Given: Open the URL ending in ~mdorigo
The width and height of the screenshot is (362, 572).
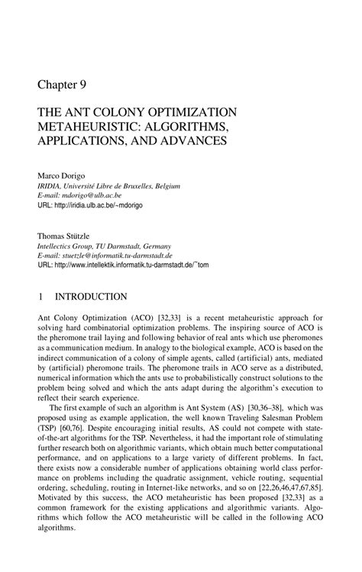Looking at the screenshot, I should click(108, 205).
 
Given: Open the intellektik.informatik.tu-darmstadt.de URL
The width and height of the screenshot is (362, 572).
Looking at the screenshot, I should click(135, 266).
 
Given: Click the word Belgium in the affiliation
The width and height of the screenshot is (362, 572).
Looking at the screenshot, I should click(171, 185).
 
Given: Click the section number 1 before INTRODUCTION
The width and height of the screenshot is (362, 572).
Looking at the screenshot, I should click(41, 296).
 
